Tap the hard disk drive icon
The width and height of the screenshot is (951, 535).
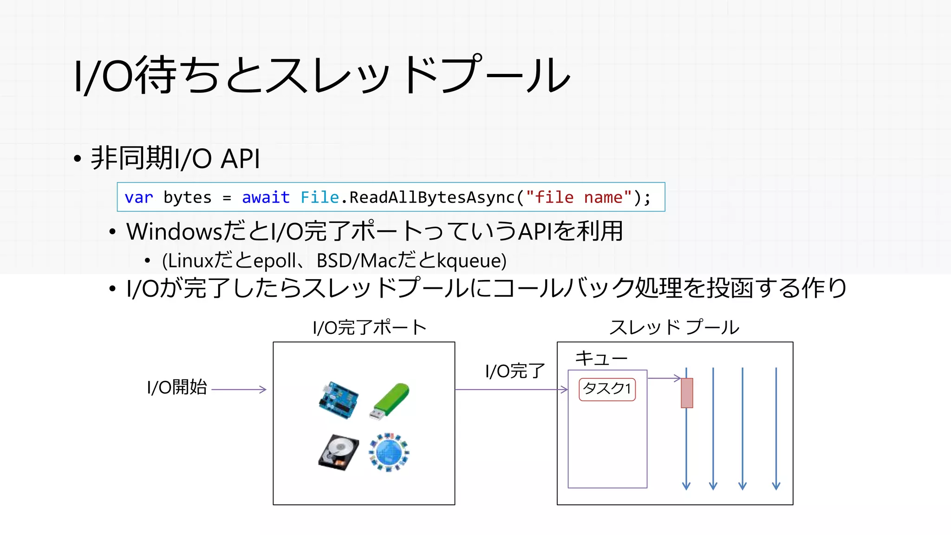[x=339, y=452]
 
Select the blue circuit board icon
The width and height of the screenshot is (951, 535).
[x=339, y=401]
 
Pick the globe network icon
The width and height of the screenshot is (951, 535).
[x=389, y=452]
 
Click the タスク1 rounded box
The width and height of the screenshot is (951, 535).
[x=607, y=389]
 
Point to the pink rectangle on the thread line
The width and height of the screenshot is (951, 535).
[x=687, y=393]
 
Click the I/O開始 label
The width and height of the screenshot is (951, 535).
[x=176, y=387]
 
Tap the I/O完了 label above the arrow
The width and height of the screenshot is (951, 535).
[x=515, y=371]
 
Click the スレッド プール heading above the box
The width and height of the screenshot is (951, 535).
[x=674, y=328]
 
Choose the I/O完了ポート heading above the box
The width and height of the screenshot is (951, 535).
[x=370, y=328]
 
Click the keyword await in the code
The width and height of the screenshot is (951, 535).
[x=266, y=197]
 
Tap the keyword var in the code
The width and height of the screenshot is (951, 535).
[x=138, y=197]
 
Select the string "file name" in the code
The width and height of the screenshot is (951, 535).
[x=579, y=197]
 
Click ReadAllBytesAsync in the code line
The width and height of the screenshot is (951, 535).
[x=432, y=197]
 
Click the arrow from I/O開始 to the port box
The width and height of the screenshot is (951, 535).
[x=239, y=390]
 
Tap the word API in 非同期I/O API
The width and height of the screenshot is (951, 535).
[x=240, y=159]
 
